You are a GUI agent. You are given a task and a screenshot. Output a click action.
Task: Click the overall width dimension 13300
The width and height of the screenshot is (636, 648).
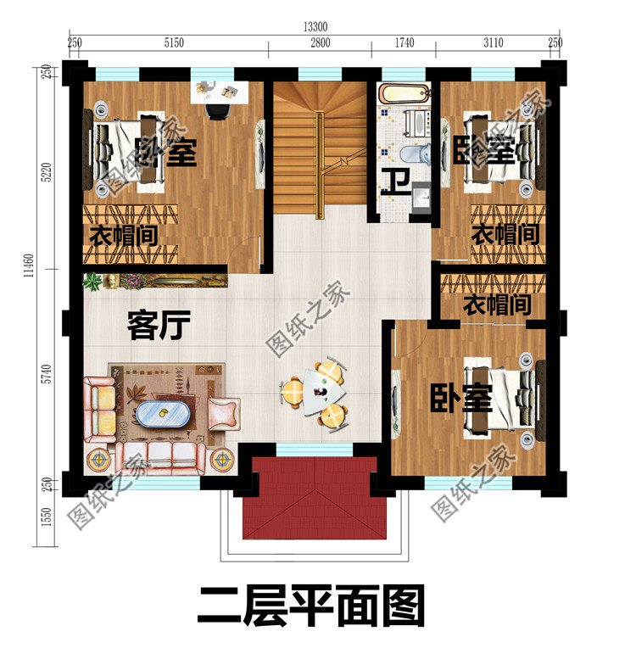point(314,26)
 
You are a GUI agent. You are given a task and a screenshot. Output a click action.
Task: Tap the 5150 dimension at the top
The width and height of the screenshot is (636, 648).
point(173,42)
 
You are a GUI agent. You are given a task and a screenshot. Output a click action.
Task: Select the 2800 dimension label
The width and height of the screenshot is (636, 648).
point(319,42)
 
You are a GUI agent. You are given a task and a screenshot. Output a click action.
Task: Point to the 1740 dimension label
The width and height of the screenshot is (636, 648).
point(404,42)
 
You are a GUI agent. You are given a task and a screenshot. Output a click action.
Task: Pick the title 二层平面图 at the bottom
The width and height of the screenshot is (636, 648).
point(310,607)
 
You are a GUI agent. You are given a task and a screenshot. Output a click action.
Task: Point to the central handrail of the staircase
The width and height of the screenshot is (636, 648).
point(319,161)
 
